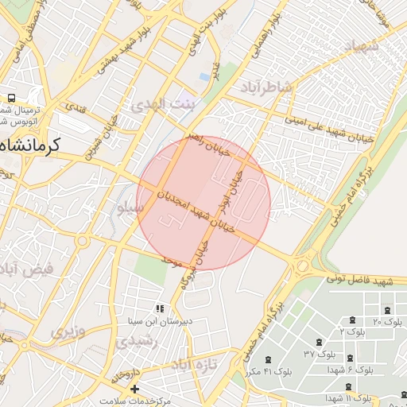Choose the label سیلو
130,208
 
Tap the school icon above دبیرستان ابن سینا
161,308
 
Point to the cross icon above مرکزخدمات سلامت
134,389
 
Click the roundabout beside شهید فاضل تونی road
303,264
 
